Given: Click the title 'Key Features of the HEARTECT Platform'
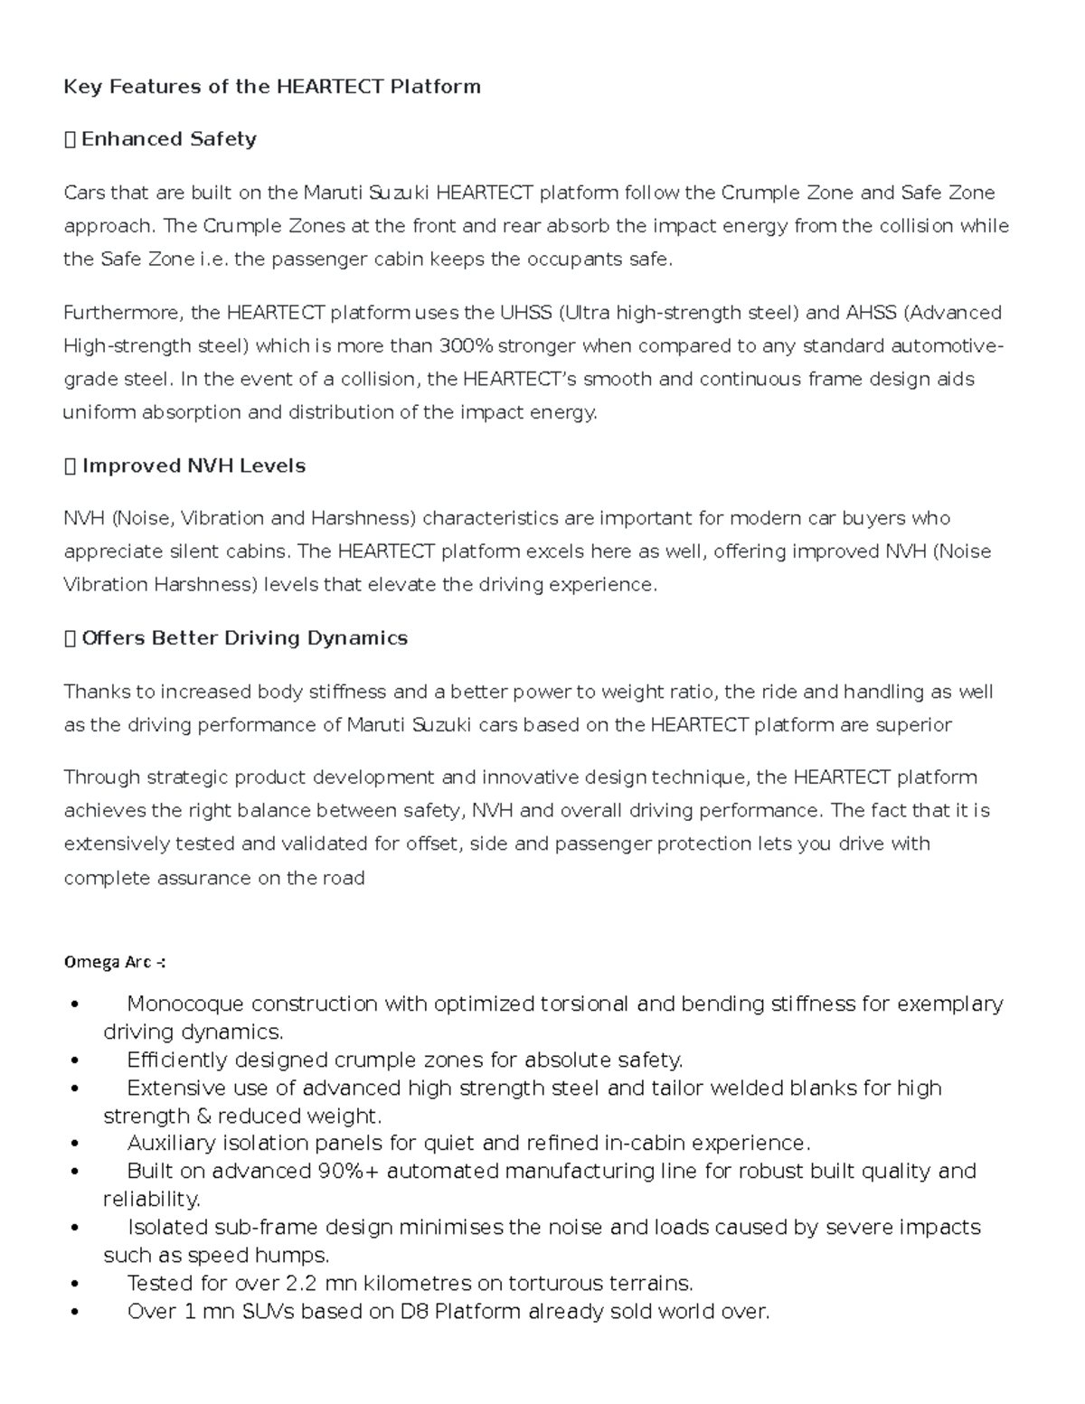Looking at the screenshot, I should click(x=271, y=87).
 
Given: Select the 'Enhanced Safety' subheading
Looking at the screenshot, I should click(x=168, y=139).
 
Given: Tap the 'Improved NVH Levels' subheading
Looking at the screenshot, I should click(x=193, y=466).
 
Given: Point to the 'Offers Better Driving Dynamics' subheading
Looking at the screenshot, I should click(x=244, y=638).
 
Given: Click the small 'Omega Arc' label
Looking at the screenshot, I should click(x=114, y=963).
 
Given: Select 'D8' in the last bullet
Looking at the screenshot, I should click(x=413, y=1312).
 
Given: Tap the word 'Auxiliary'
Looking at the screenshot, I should click(x=168, y=1144).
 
